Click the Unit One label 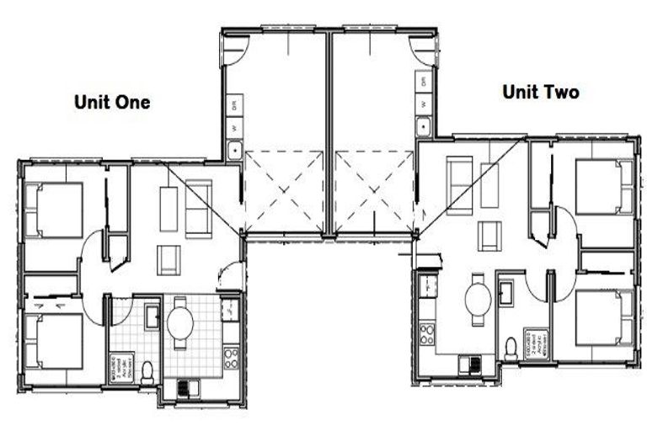[112, 103]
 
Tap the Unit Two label [541, 93]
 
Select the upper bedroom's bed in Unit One [55, 210]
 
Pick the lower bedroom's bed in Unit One [55, 341]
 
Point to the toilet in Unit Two [511, 347]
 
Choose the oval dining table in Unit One [179, 321]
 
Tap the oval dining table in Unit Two [478, 298]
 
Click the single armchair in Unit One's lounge [168, 259]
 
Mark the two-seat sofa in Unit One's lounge [199, 208]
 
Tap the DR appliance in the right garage [425, 82]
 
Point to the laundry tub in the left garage [234, 152]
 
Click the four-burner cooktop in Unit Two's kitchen [427, 333]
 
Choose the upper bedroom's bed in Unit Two [604, 186]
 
